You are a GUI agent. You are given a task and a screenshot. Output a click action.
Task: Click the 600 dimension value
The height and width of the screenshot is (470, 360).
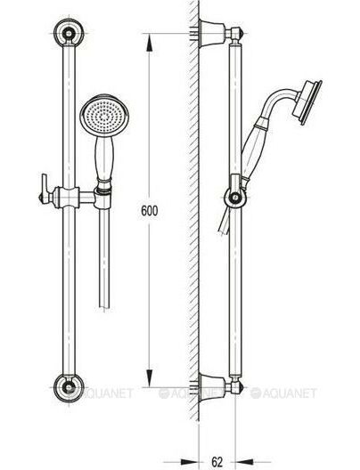149,211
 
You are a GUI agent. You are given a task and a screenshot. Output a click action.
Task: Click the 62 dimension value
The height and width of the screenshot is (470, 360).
217,462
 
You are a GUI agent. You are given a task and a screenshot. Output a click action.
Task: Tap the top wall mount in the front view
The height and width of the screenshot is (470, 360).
69,32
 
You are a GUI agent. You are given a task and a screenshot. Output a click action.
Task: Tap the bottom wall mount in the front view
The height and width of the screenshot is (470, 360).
69,388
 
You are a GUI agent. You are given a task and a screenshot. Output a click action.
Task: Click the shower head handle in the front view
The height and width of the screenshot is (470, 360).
103,158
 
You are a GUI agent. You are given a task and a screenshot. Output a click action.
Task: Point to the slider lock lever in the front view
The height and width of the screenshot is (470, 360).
45,190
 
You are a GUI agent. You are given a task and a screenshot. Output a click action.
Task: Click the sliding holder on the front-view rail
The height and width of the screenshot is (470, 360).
69,198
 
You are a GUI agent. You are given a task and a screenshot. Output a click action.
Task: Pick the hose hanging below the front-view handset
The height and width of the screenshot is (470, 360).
103,259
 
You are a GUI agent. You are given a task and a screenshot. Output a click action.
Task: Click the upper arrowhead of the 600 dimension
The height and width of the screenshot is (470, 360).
149,43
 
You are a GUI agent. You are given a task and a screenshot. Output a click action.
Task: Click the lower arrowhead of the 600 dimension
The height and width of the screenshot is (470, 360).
149,378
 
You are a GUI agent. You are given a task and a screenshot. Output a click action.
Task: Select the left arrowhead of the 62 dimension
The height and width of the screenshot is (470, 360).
190,462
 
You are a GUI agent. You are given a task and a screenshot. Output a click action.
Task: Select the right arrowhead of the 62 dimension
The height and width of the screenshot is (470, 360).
244,462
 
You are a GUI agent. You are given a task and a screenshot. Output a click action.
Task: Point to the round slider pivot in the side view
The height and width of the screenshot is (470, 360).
235,198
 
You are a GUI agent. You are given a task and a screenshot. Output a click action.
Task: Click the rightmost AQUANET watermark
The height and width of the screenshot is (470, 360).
283,393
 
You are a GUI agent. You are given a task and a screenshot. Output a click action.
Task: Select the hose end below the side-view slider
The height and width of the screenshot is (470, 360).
225,222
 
